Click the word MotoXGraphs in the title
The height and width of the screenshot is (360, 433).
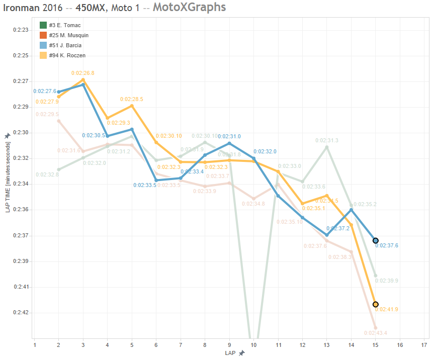189,8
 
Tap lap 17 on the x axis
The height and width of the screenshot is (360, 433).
424,345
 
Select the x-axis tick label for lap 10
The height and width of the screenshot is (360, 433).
253,345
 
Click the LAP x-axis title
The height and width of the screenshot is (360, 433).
230,353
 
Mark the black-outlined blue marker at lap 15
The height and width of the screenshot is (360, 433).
376,241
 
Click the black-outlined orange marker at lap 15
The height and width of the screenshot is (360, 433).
376,304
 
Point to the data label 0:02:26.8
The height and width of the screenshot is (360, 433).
82,73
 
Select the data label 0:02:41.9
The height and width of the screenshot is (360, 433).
387,309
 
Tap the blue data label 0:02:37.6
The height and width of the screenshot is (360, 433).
387,246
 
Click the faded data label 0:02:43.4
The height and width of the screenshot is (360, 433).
375,333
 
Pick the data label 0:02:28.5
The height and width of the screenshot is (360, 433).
131,100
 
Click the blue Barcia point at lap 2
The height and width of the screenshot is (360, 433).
59,92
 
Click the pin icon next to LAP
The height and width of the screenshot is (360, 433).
242,353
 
